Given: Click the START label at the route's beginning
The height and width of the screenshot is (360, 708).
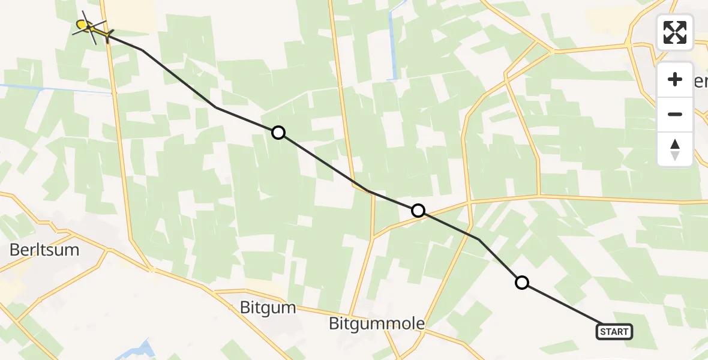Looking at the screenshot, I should (614, 331).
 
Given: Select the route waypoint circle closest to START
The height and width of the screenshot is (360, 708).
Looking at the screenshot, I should (522, 283).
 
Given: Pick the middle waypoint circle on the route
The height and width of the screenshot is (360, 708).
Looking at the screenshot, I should (418, 211).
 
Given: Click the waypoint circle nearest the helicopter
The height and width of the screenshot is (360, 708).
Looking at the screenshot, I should (278, 133).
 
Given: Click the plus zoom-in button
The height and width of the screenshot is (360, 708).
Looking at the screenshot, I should (675, 79).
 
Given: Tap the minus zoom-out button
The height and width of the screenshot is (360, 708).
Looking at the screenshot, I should (675, 114).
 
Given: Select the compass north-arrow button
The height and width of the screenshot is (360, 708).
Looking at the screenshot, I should (675, 149).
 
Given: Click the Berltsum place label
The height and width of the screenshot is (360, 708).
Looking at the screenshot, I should (44, 250).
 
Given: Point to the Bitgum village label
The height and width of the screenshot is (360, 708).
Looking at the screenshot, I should (268, 308).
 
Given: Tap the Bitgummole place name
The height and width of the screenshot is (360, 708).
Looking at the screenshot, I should (377, 324).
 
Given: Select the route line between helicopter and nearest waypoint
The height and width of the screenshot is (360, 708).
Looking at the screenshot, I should (180, 79).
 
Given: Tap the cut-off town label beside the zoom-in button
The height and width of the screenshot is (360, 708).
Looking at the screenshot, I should (701, 82).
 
